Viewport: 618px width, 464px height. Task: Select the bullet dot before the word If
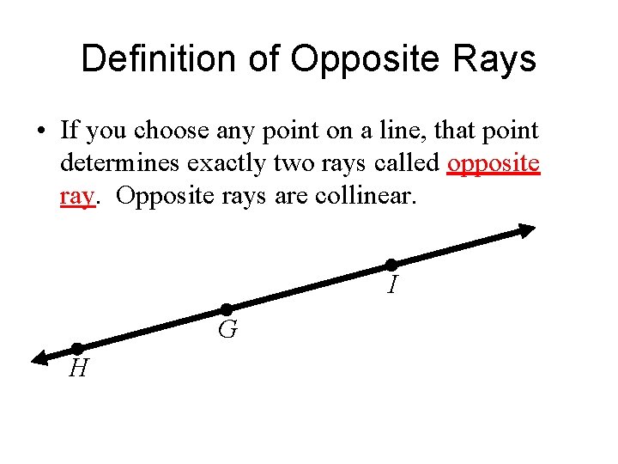click(41, 131)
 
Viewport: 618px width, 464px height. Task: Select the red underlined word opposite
click(494, 164)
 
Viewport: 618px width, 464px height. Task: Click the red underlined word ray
click(76, 197)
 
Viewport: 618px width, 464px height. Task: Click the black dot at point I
click(391, 264)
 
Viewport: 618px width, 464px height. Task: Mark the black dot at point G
click(227, 309)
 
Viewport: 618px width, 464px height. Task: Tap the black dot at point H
click(76, 348)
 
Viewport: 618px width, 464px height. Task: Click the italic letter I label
click(391, 285)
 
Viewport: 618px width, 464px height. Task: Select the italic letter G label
click(227, 330)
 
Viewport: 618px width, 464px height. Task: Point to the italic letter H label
click(78, 369)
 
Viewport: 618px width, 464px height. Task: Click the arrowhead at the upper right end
click(525, 229)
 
